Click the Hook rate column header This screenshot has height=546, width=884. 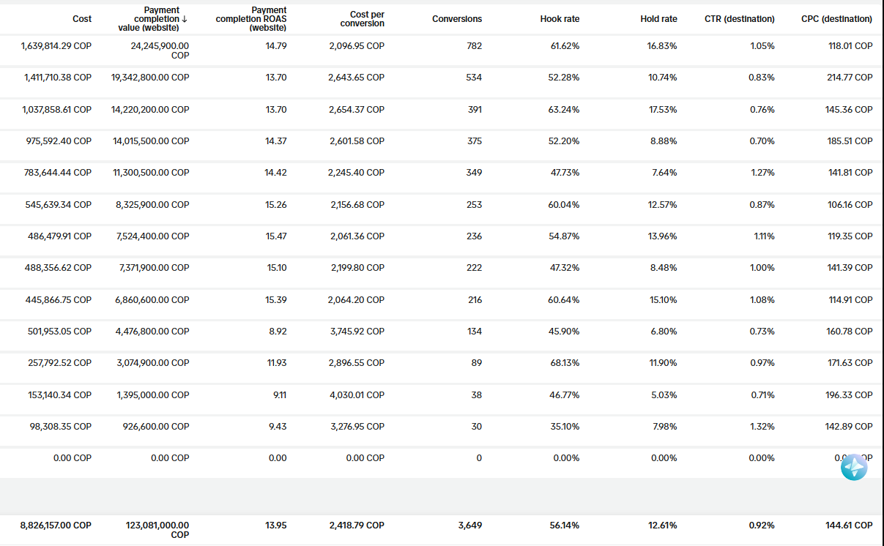coord(560,19)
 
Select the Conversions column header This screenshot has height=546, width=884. coord(457,19)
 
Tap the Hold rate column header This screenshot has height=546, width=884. coord(658,19)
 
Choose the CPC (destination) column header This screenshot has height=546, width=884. coord(836,19)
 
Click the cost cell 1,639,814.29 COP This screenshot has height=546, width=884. coord(56,46)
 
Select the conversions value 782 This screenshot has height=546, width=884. coord(474,46)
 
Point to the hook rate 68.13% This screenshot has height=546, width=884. coord(564,363)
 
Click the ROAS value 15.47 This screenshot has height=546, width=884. coord(276,236)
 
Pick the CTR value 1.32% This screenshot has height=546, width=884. coord(761,427)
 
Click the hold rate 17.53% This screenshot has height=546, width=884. coord(662,110)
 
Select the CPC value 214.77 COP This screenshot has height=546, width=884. coord(850,78)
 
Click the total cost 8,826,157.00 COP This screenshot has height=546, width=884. coord(56,526)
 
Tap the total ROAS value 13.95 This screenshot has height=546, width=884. coord(276,526)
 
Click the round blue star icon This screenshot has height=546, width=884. coord(854,467)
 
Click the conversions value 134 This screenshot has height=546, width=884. coord(474,332)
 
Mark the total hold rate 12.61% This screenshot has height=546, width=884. coord(662,526)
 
